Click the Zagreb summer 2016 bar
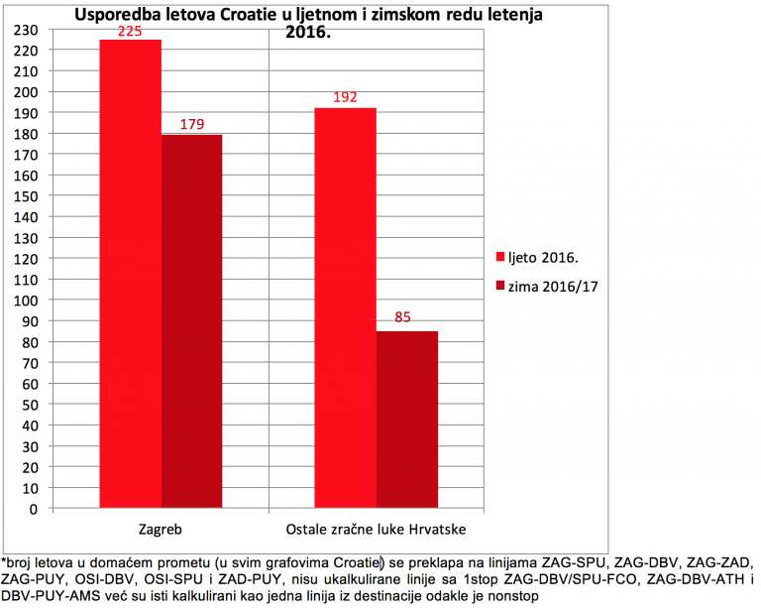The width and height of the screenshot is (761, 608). pyautogui.click(x=131, y=274)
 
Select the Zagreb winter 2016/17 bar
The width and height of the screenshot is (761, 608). pyautogui.click(x=191, y=321)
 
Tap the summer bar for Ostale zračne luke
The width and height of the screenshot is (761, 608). pyautogui.click(x=346, y=307)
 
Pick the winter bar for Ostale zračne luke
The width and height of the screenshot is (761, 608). pyautogui.click(x=407, y=420)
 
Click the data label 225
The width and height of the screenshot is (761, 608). pyautogui.click(x=130, y=32)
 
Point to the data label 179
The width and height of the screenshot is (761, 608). pyautogui.click(x=192, y=124)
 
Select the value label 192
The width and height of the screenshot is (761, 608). pyautogui.click(x=345, y=97)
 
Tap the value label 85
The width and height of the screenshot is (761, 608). pyautogui.click(x=402, y=317)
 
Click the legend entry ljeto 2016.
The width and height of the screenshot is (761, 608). pyautogui.click(x=537, y=257)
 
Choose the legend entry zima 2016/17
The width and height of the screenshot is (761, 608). pyautogui.click(x=547, y=287)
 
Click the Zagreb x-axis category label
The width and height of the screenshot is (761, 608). pyautogui.click(x=161, y=530)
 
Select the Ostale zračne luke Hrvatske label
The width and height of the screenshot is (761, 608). pyautogui.click(x=376, y=529)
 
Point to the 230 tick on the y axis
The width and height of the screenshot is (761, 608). pyautogui.click(x=26, y=30)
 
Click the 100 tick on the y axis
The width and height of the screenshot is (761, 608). pyautogui.click(x=26, y=301)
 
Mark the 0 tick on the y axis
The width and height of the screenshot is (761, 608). pyautogui.click(x=33, y=510)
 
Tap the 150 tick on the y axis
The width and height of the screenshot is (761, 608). pyautogui.click(x=26, y=196)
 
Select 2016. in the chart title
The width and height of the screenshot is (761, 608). pyautogui.click(x=308, y=33)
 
